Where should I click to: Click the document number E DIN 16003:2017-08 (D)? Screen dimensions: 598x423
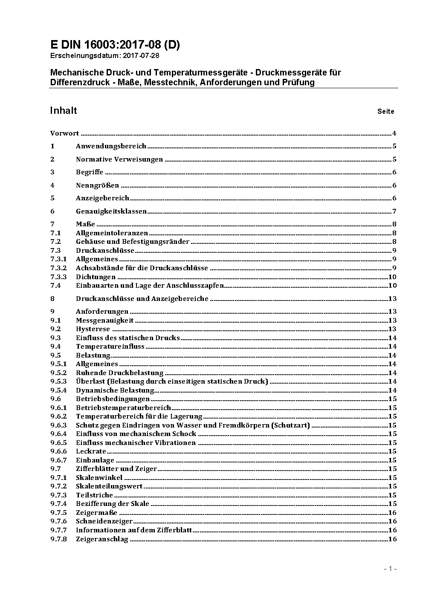[x=115, y=45]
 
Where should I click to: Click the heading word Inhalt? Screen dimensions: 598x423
[x=63, y=111]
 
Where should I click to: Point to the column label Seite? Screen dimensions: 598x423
[x=385, y=112]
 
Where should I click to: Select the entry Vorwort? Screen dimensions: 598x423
[x=64, y=133]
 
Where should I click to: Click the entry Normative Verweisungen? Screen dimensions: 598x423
[x=119, y=159]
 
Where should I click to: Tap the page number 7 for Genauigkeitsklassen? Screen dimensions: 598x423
[x=394, y=211]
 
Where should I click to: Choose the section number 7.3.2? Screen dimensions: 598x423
[x=58, y=268]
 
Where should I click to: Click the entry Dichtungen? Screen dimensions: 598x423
[x=96, y=277]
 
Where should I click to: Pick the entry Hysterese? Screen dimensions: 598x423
[x=93, y=329]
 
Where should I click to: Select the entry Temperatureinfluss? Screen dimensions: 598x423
[x=110, y=347]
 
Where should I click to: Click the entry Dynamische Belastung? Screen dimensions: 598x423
[x=115, y=390]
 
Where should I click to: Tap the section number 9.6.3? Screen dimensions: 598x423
[x=58, y=425]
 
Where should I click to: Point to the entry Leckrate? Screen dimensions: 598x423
[x=91, y=451]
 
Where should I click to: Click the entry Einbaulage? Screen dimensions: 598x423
[x=95, y=460]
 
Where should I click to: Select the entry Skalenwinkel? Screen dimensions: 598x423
[x=99, y=478]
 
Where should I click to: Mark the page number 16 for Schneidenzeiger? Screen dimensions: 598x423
[x=392, y=521]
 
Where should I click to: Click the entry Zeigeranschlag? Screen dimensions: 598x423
[x=102, y=539]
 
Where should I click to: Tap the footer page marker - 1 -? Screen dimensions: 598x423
[x=390, y=569]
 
